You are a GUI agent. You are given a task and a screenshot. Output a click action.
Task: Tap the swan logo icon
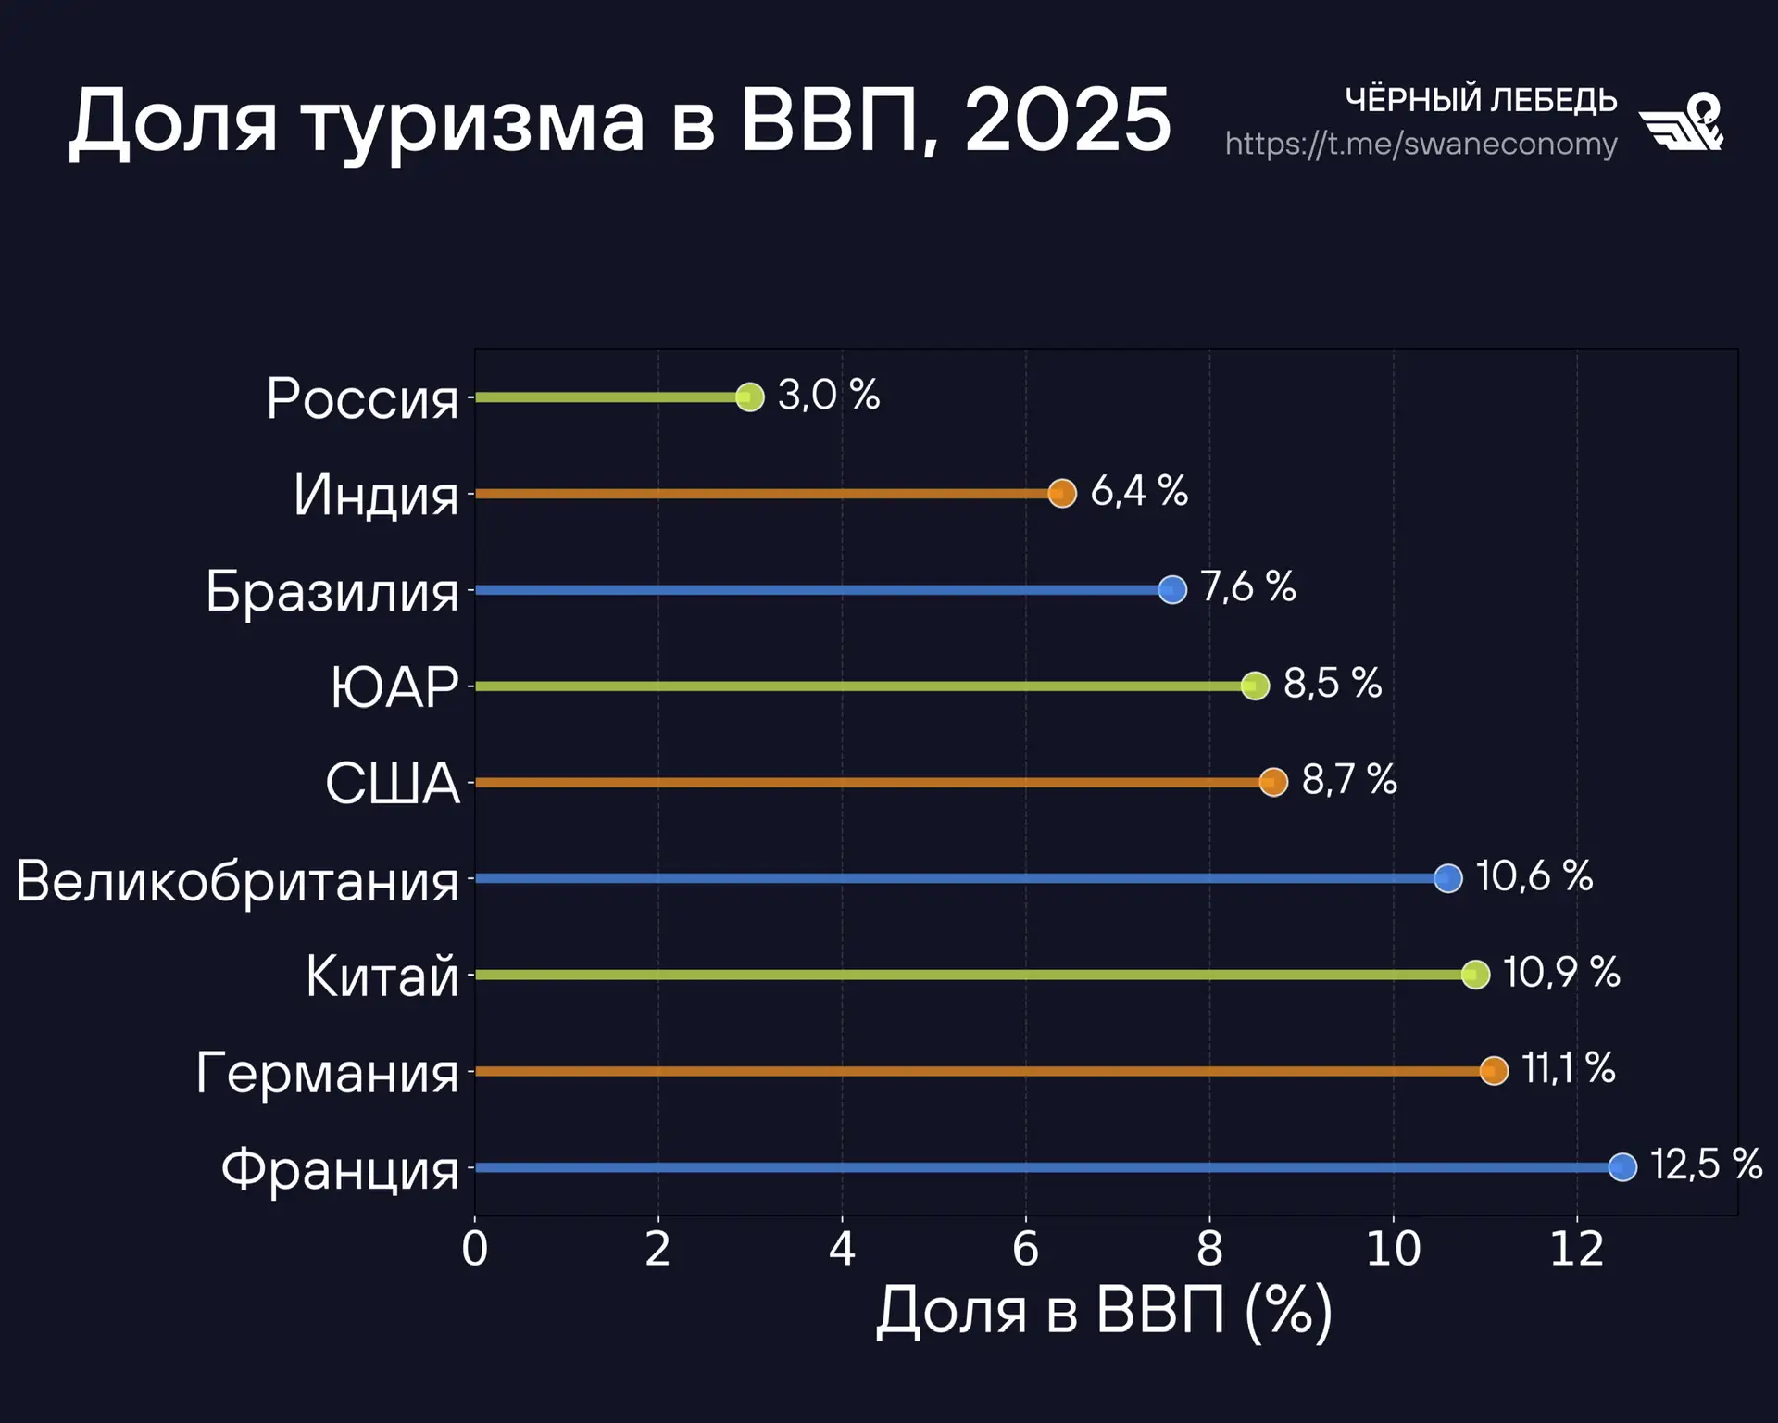1682,121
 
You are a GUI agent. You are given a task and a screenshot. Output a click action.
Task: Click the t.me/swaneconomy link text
1421,145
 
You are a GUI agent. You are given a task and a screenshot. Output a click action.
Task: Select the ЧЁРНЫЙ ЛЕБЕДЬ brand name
1481,99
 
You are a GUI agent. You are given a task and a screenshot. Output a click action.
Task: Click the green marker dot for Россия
750,397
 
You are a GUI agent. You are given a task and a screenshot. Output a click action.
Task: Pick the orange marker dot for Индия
1062,493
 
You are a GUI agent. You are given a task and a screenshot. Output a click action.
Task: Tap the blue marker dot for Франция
1622,1167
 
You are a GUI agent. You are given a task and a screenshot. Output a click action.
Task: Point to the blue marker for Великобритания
1448,878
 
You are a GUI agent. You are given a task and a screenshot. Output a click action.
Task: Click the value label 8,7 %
1349,780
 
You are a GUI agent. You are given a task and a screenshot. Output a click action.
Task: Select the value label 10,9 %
1561,973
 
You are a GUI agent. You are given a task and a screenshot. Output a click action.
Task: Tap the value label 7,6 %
1248,587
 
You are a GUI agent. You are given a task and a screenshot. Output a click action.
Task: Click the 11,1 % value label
1569,1069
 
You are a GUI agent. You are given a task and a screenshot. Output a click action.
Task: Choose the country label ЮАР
394,687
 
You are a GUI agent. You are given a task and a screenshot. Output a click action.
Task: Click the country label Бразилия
332,591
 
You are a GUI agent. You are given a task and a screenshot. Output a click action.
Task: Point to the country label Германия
328,1073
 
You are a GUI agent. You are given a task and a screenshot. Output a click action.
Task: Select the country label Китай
382,976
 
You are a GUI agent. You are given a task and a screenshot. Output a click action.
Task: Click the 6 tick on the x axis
1025,1250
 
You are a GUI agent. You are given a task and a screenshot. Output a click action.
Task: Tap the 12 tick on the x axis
1576,1250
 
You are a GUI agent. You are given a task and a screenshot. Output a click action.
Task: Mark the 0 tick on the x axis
475,1250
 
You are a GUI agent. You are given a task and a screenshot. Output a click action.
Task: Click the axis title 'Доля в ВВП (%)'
1104,1312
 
